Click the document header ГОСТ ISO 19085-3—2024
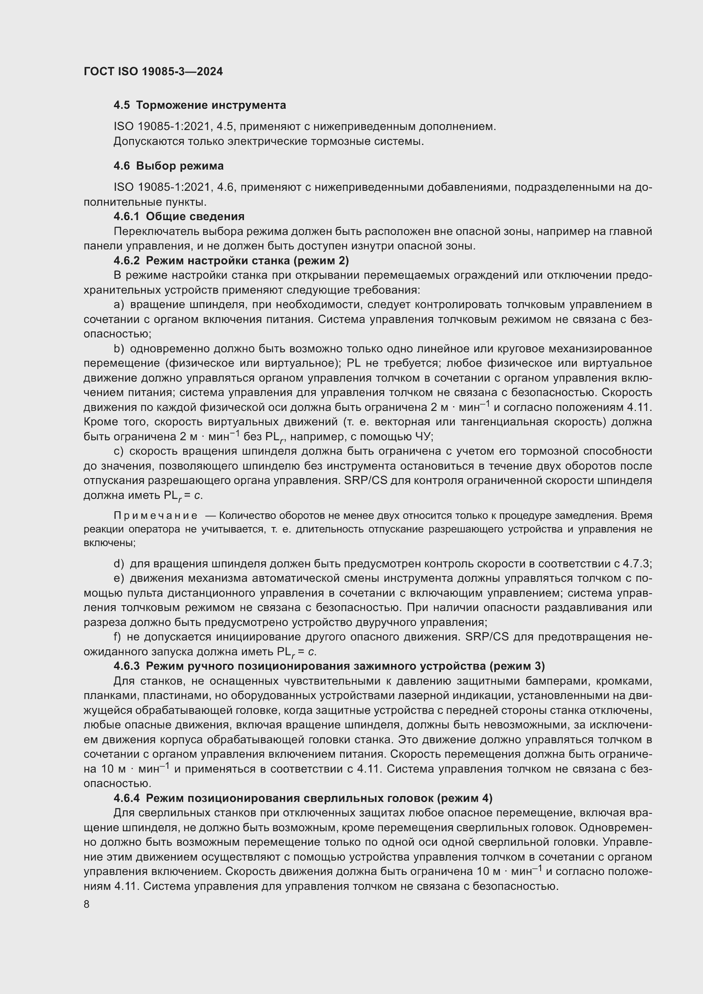(x=153, y=71)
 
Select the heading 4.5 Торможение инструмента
(x=200, y=105)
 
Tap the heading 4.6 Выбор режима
(x=168, y=166)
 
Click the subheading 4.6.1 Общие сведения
(x=179, y=216)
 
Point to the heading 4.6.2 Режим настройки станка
(x=231, y=261)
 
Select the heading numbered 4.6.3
(x=329, y=665)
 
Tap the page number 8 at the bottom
(x=87, y=904)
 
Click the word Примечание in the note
(x=156, y=515)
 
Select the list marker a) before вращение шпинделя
(x=119, y=305)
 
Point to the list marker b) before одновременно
(x=119, y=348)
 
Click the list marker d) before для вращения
(x=119, y=564)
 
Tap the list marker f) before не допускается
(x=118, y=637)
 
